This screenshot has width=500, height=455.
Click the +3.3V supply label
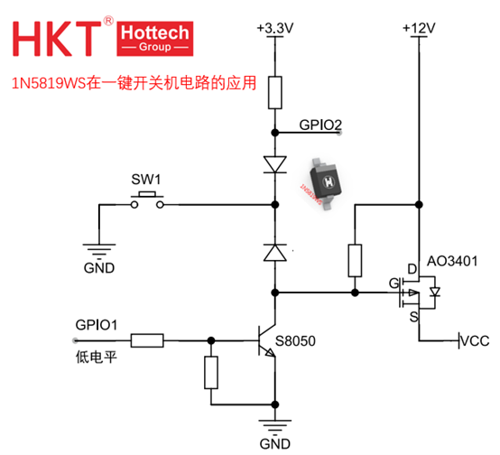[275, 28]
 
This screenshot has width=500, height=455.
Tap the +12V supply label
[419, 28]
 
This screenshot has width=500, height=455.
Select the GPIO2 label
[320, 125]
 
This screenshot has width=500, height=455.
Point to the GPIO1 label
[97, 325]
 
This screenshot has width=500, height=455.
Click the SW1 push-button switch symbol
[147, 200]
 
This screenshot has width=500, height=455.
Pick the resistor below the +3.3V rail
[275, 92]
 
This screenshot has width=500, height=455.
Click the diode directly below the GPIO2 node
[275, 164]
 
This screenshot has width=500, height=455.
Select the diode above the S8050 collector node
[275, 253]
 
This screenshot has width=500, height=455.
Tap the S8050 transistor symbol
[267, 340]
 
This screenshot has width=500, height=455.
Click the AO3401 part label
[452, 261]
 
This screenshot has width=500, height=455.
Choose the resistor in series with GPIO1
[147, 340]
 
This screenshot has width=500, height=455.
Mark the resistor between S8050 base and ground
[211, 372]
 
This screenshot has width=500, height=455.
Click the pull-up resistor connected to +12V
[355, 260]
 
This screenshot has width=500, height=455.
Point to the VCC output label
[475, 341]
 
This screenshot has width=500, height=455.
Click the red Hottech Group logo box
[155, 39]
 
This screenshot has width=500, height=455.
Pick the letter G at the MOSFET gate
[394, 283]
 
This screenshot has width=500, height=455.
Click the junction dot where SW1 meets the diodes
[275, 205]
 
